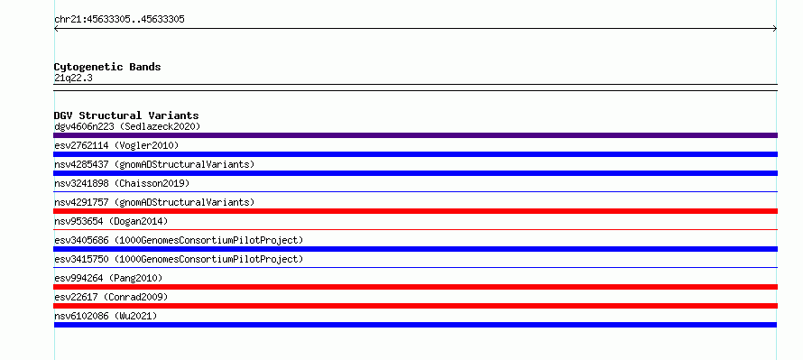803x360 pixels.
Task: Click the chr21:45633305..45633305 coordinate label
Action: point(119,20)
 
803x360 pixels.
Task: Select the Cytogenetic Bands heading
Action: point(107,67)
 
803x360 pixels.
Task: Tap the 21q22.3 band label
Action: point(73,78)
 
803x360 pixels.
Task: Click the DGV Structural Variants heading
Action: point(126,115)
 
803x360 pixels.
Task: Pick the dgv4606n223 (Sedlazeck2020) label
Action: point(127,126)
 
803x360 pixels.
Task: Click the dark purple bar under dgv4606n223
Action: point(415,135)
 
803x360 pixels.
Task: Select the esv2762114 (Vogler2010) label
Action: point(116,145)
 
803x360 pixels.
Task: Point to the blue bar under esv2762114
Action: point(415,154)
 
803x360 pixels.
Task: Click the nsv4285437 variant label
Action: point(154,164)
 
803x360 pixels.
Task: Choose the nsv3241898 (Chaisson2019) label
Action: point(122,183)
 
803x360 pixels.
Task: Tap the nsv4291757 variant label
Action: point(154,202)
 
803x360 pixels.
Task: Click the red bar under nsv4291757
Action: point(415,211)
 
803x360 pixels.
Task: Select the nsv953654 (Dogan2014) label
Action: point(111,221)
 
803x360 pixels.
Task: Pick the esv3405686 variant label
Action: point(179,240)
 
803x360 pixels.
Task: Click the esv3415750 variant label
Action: point(179,259)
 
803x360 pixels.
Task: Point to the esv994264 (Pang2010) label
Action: point(108,278)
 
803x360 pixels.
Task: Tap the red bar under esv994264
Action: point(415,287)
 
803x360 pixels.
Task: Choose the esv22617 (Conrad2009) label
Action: point(111,297)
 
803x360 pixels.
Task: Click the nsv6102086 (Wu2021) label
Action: point(106,316)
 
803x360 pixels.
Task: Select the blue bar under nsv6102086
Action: point(415,325)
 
